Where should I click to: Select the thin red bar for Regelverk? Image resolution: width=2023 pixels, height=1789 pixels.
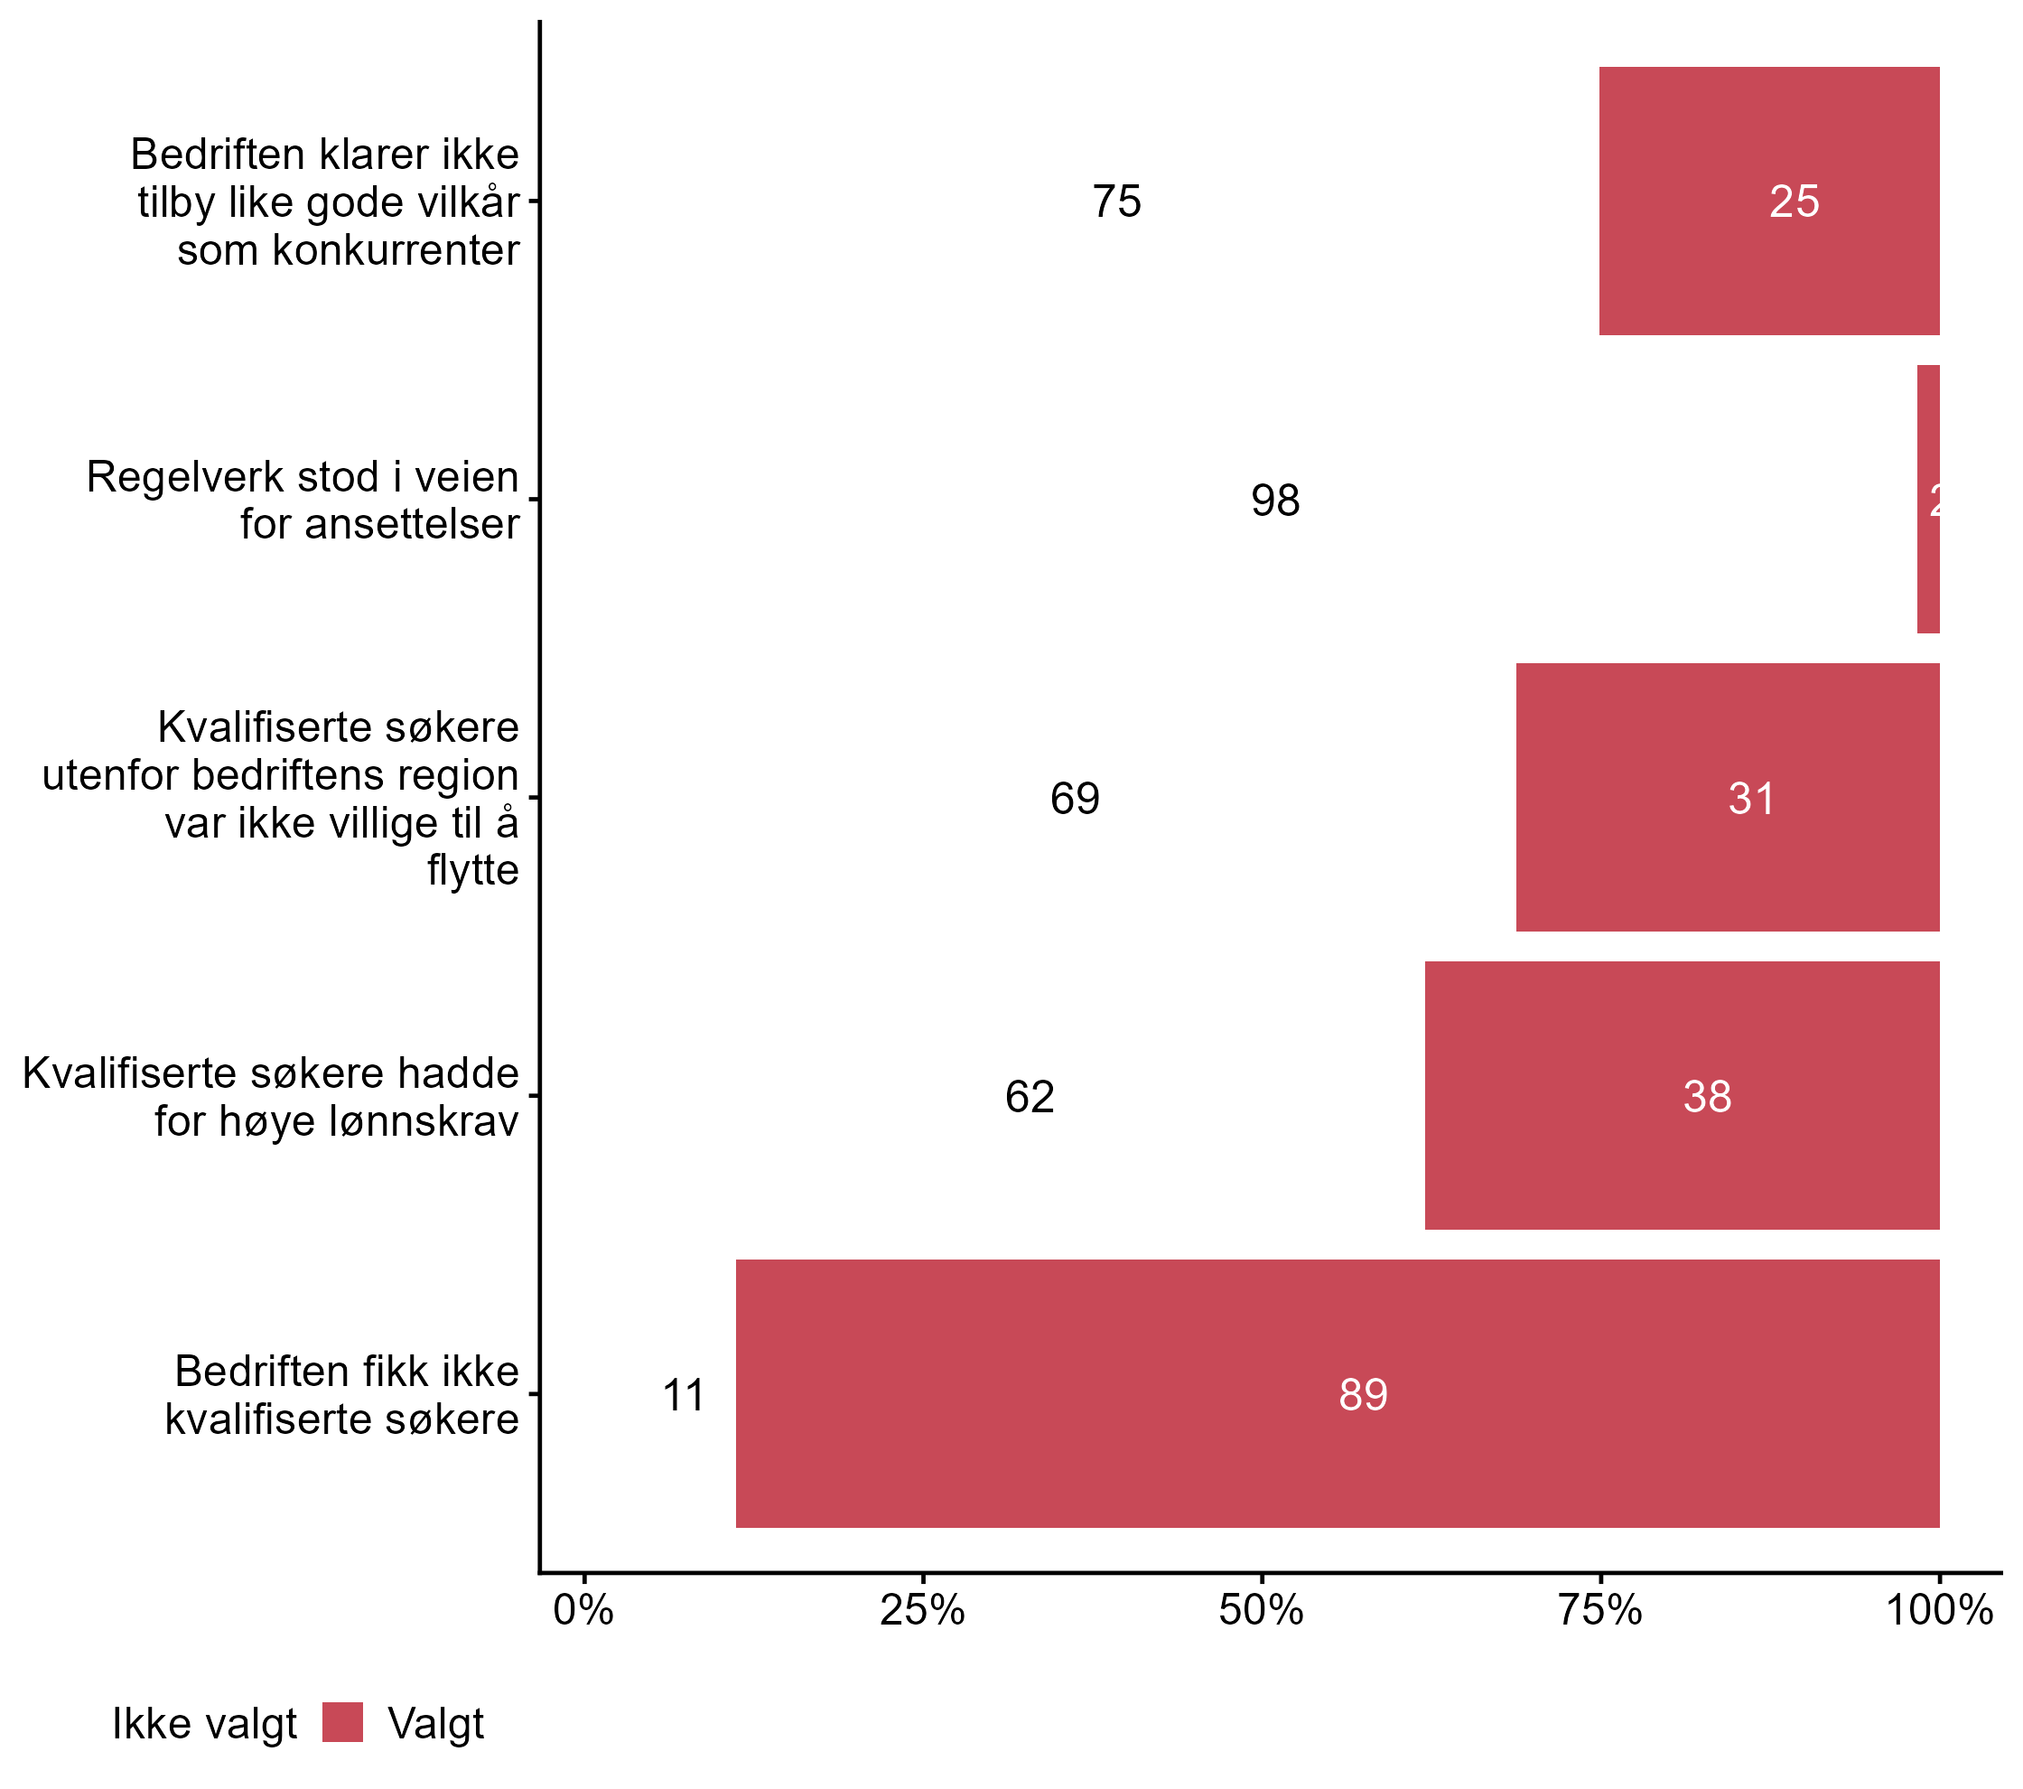point(1927,499)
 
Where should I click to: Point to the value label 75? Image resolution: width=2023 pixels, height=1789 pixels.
point(1116,202)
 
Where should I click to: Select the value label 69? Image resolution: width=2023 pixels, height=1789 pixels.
point(1074,798)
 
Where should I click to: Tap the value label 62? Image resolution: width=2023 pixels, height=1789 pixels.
point(1029,1096)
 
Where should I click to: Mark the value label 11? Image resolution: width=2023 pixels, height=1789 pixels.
point(683,1395)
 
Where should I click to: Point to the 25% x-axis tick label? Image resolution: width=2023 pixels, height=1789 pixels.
point(921,1610)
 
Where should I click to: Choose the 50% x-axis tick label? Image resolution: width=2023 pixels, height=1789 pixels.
point(1260,1610)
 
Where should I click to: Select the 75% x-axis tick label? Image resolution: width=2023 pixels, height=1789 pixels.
point(1599,1610)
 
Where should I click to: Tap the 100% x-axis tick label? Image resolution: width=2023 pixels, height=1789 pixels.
point(1938,1610)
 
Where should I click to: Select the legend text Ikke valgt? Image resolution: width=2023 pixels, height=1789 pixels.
point(204,1723)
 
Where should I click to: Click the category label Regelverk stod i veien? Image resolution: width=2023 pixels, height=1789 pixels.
point(302,499)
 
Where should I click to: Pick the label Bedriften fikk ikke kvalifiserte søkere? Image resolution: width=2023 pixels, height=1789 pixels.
point(341,1394)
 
